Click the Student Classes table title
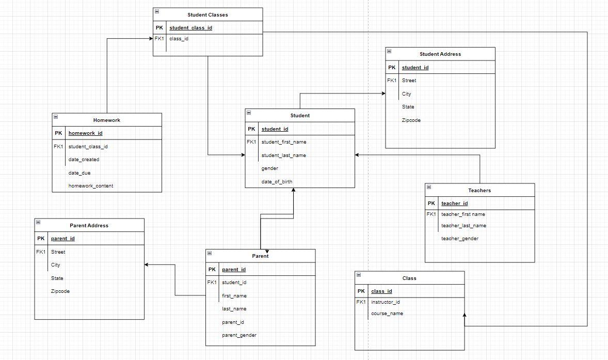(x=207, y=15)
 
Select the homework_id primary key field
(x=85, y=133)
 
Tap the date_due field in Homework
(x=79, y=173)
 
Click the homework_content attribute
(x=90, y=186)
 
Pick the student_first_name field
(x=283, y=142)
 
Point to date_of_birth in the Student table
(x=276, y=182)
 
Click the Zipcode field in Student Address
(x=411, y=120)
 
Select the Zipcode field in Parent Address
(x=60, y=291)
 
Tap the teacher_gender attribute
(x=459, y=239)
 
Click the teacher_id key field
(x=454, y=204)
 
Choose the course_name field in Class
(x=387, y=314)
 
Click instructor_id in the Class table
(x=385, y=302)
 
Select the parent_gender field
(x=238, y=335)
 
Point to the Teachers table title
(x=479, y=191)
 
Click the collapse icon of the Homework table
(x=56, y=117)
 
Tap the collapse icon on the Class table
(x=359, y=275)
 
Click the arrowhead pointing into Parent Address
(x=147, y=264)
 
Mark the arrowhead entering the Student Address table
(x=383, y=93)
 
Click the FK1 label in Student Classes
(x=159, y=38)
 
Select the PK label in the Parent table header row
(x=212, y=270)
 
